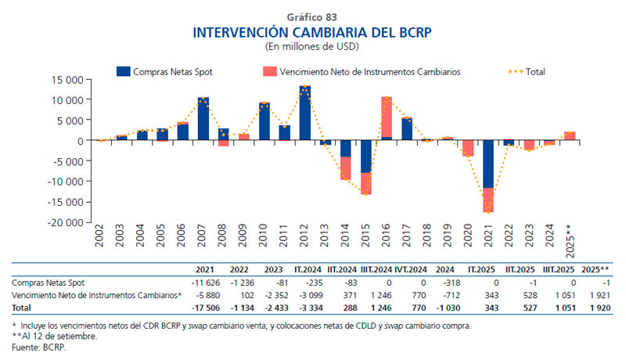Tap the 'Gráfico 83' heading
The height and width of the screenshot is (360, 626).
pos(312,16)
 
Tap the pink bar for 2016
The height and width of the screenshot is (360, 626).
pos(386,117)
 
